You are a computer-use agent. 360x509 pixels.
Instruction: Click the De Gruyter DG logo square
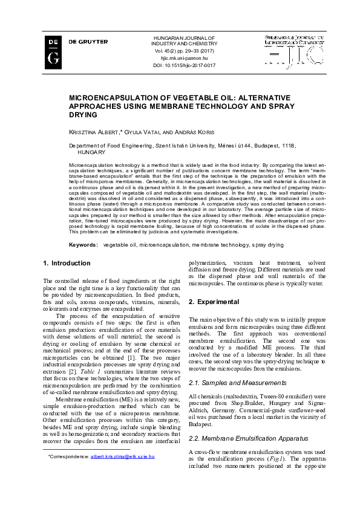click(x=53, y=51)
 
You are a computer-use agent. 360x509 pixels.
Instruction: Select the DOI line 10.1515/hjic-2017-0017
click(x=185, y=64)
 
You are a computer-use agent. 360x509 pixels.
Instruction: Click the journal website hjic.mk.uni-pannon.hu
click(x=185, y=57)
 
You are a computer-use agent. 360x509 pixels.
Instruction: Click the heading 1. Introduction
click(x=67, y=263)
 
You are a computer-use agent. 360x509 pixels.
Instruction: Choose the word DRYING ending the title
click(x=83, y=114)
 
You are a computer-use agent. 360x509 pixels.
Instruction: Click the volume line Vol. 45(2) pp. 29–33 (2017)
click(x=185, y=51)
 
